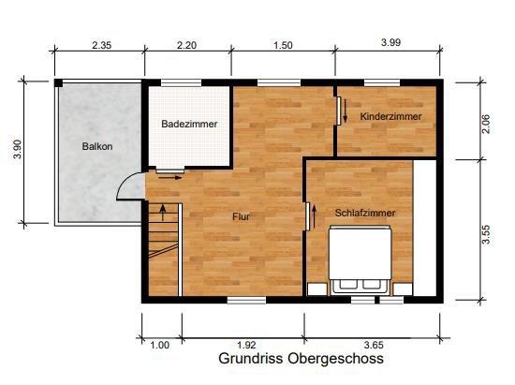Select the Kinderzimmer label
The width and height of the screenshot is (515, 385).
pyautogui.click(x=390, y=116)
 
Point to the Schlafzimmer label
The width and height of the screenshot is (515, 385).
pyautogui.click(x=365, y=213)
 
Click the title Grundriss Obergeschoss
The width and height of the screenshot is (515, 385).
pyautogui.click(x=301, y=359)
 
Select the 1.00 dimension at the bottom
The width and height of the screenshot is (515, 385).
pyautogui.click(x=160, y=345)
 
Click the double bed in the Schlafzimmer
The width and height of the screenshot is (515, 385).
pyautogui.click(x=360, y=263)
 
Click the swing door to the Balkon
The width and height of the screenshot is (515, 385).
pyautogui.click(x=130, y=188)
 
